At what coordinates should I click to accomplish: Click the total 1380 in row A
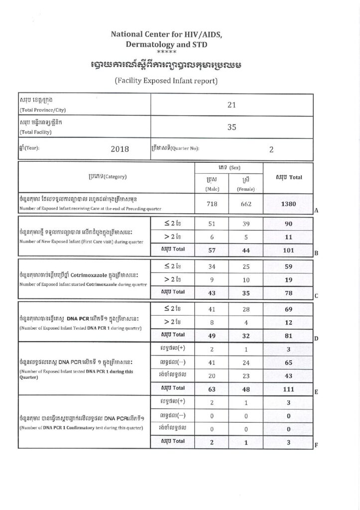289,204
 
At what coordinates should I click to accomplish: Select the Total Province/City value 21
231,106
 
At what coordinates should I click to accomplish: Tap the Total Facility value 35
231,127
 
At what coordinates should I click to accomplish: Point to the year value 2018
120,149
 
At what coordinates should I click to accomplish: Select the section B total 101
289,250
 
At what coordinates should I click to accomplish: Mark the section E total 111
289,388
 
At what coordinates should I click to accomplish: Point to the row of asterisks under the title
164,52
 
